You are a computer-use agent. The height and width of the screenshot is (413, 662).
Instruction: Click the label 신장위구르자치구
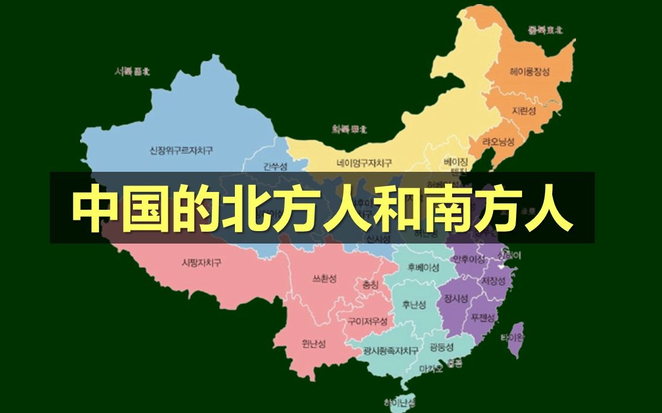point(181,151)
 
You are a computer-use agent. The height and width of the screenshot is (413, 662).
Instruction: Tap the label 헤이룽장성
point(529,72)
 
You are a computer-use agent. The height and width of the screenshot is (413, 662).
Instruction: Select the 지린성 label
point(524,111)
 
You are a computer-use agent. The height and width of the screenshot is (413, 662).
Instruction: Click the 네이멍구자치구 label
point(364,163)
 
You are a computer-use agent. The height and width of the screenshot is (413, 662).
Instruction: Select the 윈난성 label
point(314,343)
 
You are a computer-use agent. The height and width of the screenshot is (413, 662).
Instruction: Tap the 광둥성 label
point(441,347)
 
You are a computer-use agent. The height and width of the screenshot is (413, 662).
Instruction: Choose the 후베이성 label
point(424,267)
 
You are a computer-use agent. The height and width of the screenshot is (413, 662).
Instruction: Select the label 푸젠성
point(483,317)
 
